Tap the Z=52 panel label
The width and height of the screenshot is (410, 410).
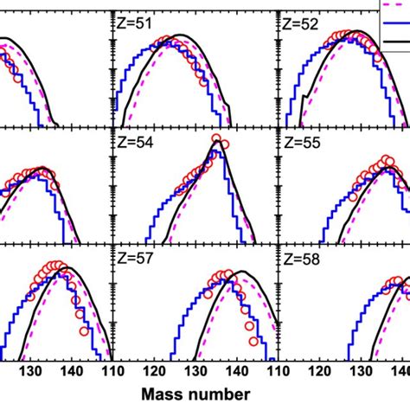tap(299, 27)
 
